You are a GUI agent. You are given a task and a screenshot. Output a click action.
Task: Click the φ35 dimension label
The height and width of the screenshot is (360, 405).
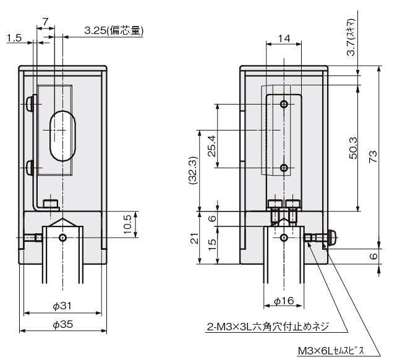coord(62,325)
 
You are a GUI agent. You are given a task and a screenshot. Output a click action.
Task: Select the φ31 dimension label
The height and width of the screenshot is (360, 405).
coord(62,305)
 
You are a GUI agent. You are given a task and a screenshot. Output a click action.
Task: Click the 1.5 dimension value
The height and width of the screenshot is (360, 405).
coord(14,38)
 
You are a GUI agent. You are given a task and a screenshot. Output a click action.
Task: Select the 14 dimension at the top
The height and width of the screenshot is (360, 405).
coord(284,38)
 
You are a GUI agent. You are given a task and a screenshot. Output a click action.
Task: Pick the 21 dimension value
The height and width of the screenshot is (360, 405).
coord(193,239)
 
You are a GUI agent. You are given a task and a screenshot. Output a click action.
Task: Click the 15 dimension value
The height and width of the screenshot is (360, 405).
coord(212,246)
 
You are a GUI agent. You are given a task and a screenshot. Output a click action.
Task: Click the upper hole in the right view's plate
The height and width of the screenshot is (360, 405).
coord(284,103)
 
